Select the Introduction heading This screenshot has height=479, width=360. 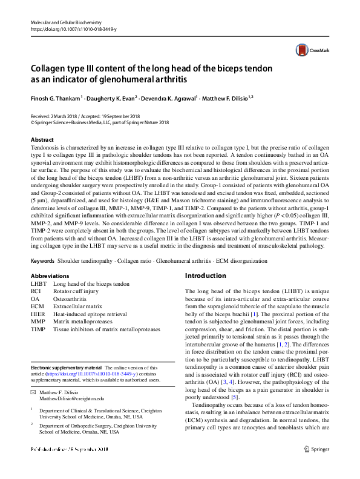(205, 276)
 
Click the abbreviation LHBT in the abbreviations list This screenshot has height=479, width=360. (38, 283)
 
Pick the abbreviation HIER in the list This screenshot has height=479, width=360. (38, 315)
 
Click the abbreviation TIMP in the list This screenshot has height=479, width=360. (38, 330)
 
